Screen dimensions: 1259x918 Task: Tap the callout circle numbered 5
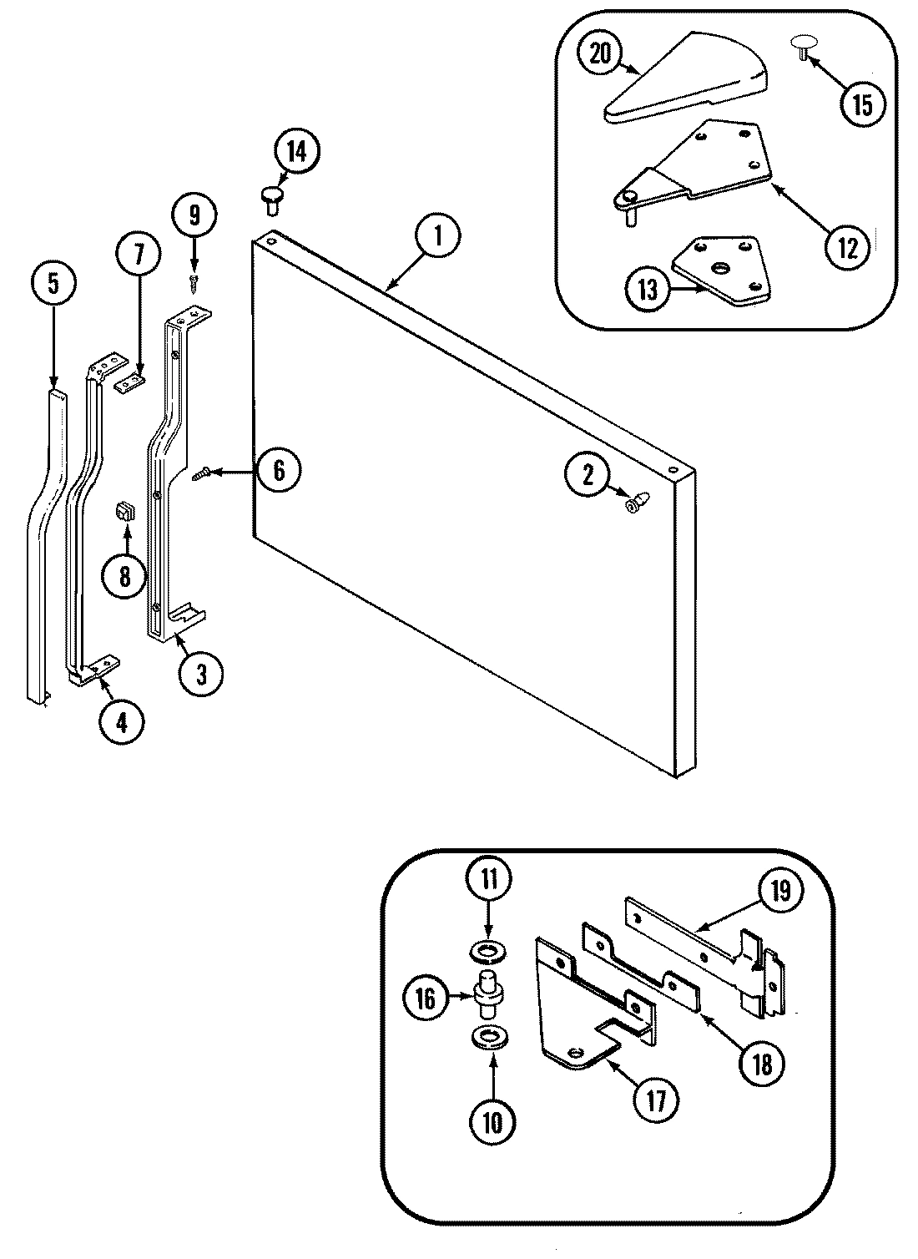pos(52,284)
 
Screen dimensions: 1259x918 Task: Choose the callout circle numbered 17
pos(657,1101)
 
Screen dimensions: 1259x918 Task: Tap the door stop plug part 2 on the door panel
pos(637,503)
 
